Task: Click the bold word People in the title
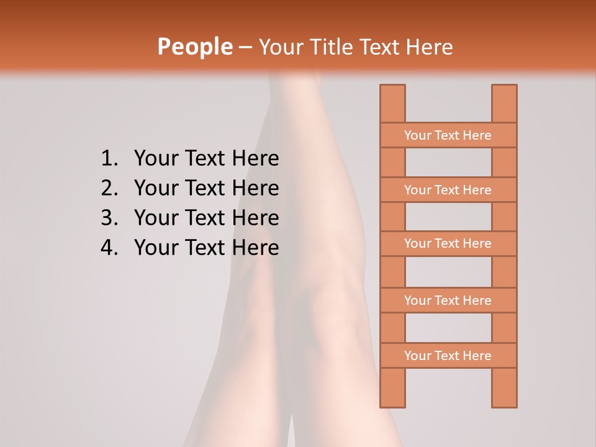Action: (x=194, y=47)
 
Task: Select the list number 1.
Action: (x=109, y=159)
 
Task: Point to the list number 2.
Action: (x=109, y=188)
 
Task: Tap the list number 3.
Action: (x=109, y=218)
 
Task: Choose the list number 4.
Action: (x=109, y=248)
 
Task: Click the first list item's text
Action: (x=206, y=159)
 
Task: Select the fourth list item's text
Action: (x=206, y=248)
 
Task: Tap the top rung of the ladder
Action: (x=448, y=135)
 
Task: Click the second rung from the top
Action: (x=448, y=190)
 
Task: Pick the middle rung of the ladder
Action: (x=448, y=243)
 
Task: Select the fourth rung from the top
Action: (x=448, y=300)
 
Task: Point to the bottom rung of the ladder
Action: (x=448, y=356)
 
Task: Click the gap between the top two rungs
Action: (x=448, y=163)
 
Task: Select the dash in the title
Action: (x=245, y=47)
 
